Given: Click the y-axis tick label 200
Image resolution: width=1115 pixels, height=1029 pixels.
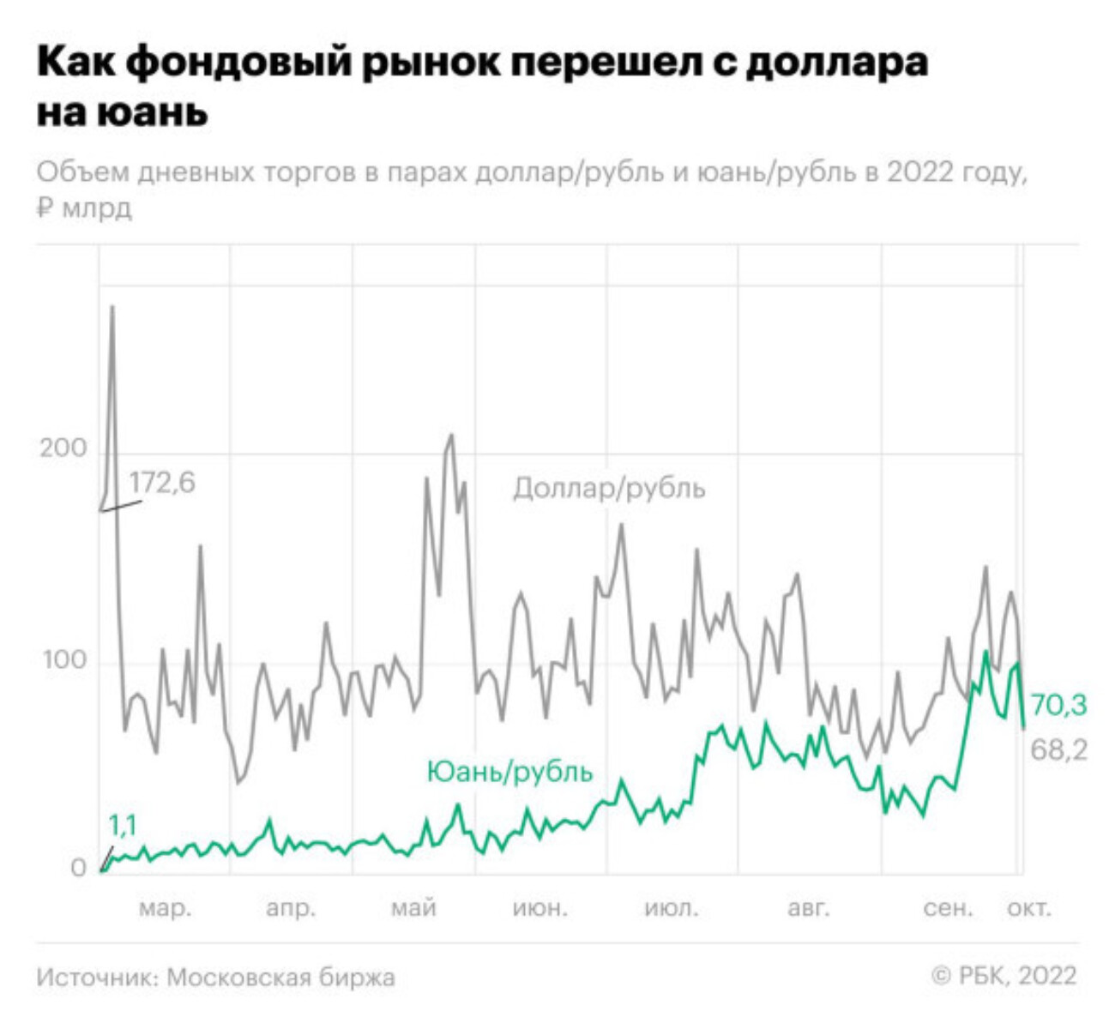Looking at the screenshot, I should (x=63, y=448).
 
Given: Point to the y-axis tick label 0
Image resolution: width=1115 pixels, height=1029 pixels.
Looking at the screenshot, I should (x=78, y=869).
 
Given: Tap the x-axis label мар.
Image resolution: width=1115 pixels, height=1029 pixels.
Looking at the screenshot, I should (x=166, y=908).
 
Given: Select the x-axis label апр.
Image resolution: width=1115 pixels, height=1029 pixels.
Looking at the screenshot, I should (x=291, y=908).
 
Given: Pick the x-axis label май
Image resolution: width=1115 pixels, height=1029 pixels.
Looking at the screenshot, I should (x=413, y=907).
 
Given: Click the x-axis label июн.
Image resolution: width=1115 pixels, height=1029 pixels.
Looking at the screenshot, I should (x=539, y=908).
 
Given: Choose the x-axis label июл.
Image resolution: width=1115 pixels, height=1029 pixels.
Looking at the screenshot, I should (x=671, y=908).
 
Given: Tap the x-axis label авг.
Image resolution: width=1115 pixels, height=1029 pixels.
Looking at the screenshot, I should (x=808, y=908).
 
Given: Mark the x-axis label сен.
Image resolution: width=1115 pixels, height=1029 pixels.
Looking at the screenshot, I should (x=948, y=908).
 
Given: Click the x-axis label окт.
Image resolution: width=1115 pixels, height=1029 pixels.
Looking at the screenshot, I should (x=1028, y=908).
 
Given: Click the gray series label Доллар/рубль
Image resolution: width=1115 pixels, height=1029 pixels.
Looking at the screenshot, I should (x=609, y=489).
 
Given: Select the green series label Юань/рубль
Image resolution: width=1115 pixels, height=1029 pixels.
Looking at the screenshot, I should (x=509, y=772).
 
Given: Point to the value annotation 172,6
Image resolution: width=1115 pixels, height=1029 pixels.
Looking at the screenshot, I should (x=162, y=483).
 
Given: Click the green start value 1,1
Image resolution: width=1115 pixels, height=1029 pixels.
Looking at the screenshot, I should (x=122, y=826).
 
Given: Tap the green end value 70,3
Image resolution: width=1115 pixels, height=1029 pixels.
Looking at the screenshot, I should (x=1058, y=706).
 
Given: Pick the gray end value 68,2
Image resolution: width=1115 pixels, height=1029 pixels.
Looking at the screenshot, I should (x=1058, y=750).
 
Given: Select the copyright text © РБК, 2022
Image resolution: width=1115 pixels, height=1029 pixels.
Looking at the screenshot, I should (x=1003, y=976).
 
